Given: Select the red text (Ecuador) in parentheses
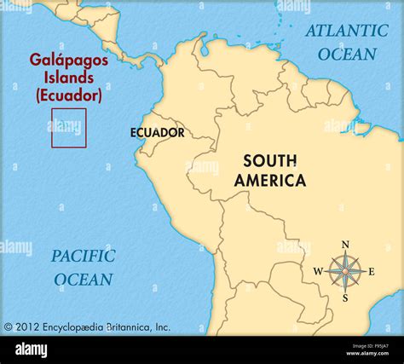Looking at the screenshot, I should pyautogui.click(x=69, y=95).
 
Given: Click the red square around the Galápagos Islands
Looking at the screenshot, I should pyautogui.click(x=68, y=128).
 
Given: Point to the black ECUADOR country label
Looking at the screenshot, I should pyautogui.click(x=157, y=133).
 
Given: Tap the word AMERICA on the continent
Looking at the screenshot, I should pyautogui.click(x=270, y=180).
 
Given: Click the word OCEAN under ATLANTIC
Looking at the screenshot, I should pyautogui.click(x=347, y=54).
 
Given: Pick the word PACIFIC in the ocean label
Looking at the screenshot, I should pyautogui.click(x=83, y=256).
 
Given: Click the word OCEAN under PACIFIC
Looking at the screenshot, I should pyautogui.click(x=83, y=279).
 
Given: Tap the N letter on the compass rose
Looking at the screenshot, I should pyautogui.click(x=345, y=245).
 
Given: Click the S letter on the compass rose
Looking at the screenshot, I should pyautogui.click(x=345, y=298).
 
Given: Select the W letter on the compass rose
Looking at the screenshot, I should pyautogui.click(x=318, y=272).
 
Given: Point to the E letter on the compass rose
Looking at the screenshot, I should pyautogui.click(x=372, y=272).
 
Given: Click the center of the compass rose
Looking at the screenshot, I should pyautogui.click(x=345, y=272).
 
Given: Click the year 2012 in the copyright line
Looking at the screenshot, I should pyautogui.click(x=28, y=326).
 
